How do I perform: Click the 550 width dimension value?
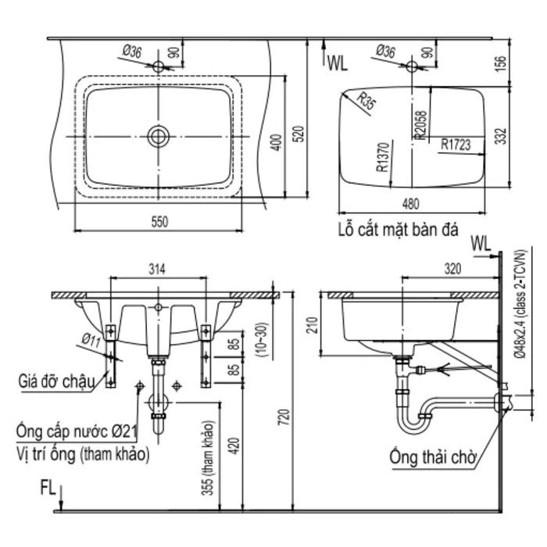pyautogui.click(x=159, y=222)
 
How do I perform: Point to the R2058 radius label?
pyautogui.click(x=421, y=125)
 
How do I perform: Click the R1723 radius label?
pyautogui.click(x=456, y=144)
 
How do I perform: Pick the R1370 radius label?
pyautogui.click(x=383, y=157)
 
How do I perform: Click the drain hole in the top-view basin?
pyautogui.click(x=159, y=137)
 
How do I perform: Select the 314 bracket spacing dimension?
pyautogui.click(x=157, y=270)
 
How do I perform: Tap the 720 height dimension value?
pyautogui.click(x=284, y=417)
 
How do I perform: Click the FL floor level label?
pyautogui.click(x=48, y=488)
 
